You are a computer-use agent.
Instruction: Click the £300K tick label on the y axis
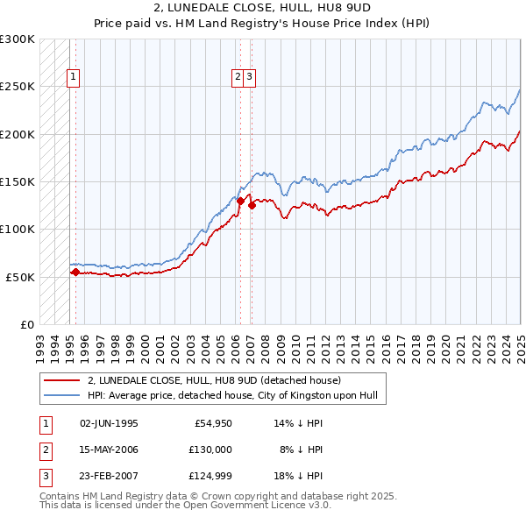pyautogui.click(x=18, y=39)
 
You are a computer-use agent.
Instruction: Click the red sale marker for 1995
pyautogui.click(x=75, y=273)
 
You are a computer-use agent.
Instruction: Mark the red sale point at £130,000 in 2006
pyautogui.click(x=240, y=201)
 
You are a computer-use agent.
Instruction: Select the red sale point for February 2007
pyautogui.click(x=252, y=206)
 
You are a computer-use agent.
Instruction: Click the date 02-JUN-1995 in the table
pyautogui.click(x=109, y=423)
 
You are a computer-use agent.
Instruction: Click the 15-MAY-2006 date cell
pyautogui.click(x=109, y=450)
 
